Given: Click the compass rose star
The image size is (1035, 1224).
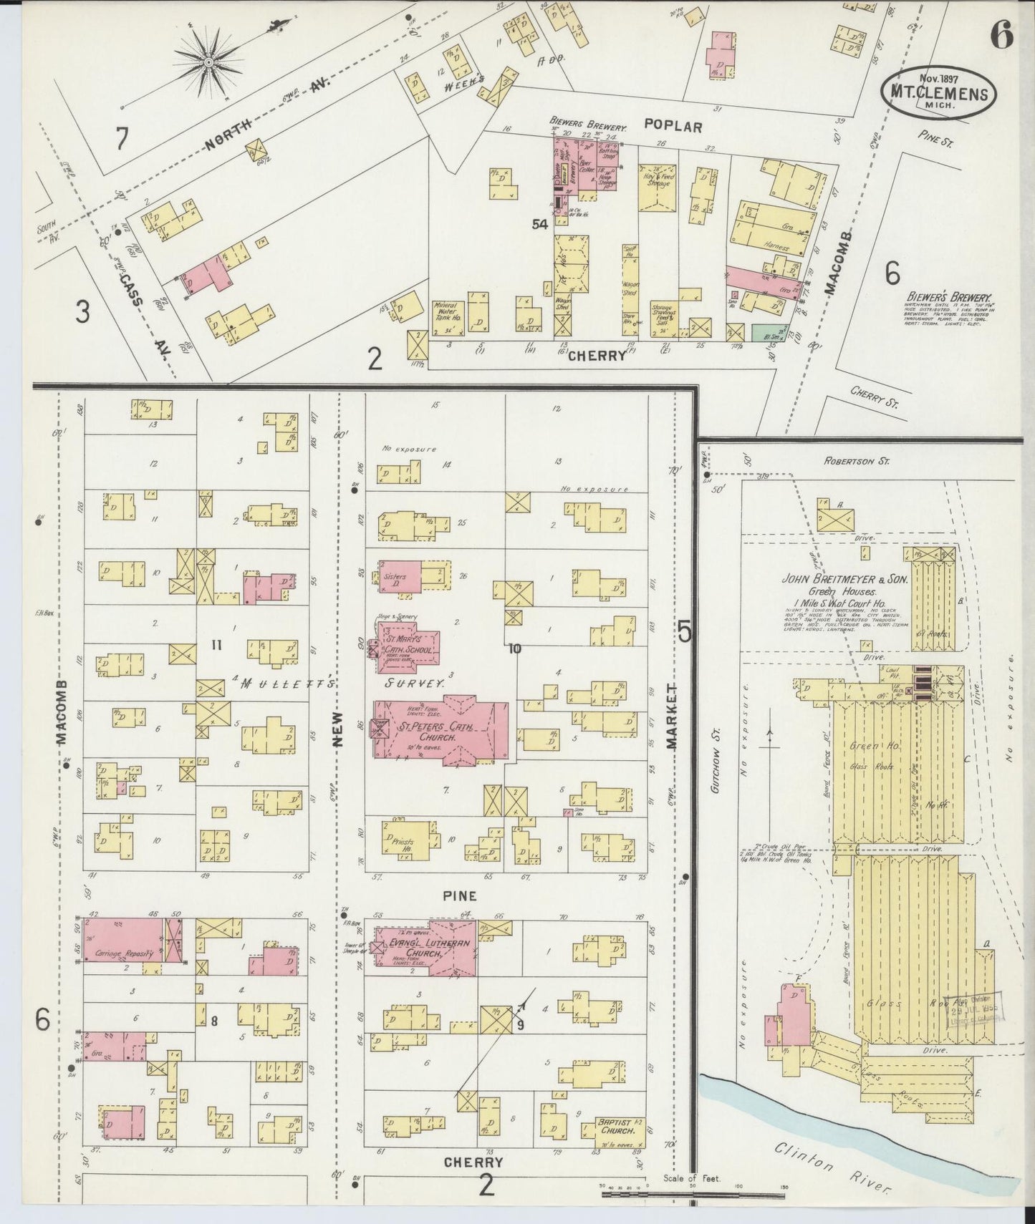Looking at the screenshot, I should click(208, 62).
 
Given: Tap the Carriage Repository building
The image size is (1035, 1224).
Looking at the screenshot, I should click(123, 939).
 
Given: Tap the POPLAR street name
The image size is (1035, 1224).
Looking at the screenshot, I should click(673, 125).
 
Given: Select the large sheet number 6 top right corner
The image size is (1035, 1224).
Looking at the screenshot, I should click(1003, 34).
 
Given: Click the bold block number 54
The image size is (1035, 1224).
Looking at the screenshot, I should click(539, 224).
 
